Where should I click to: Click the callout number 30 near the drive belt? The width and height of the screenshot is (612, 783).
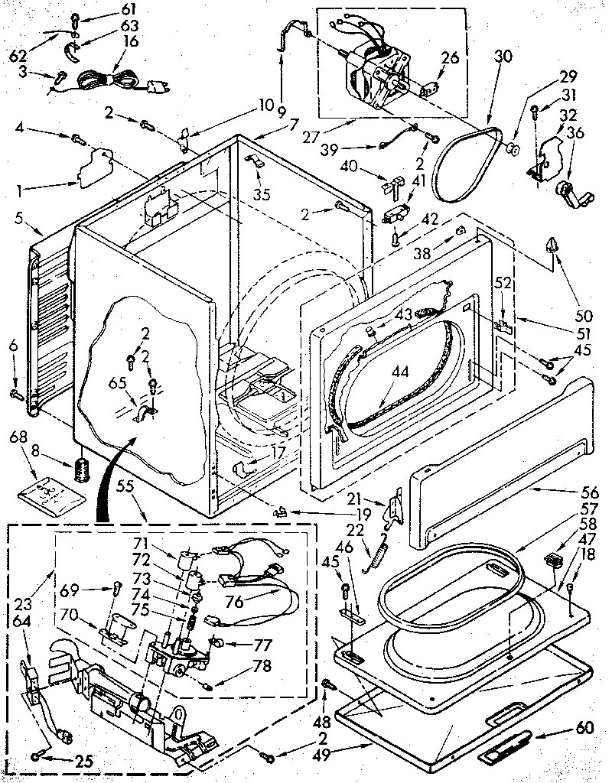[x=502, y=56]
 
